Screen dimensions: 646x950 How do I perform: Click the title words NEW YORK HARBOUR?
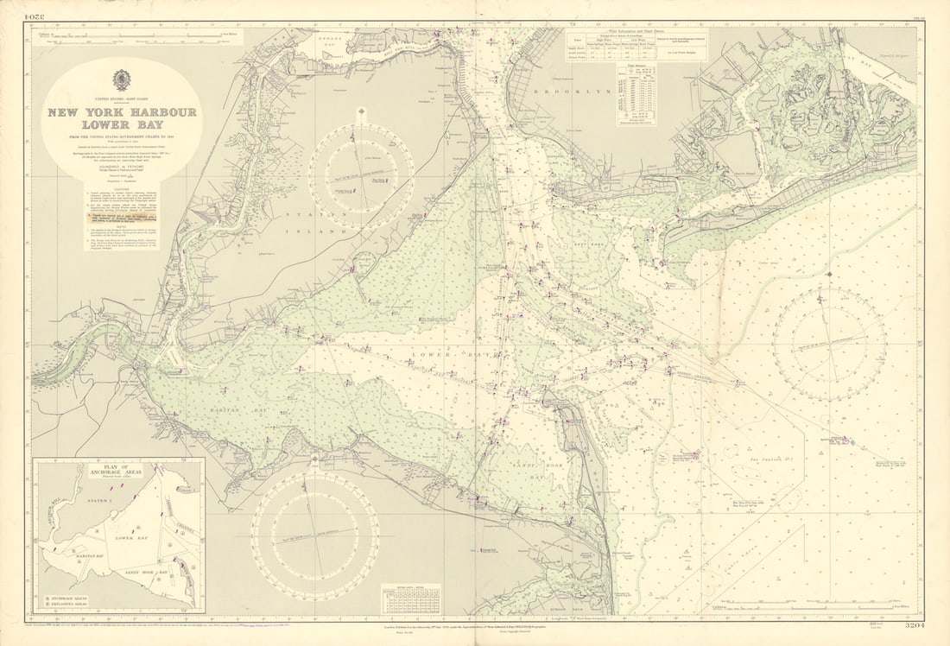(x=122, y=112)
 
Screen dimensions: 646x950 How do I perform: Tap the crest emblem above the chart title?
(x=122, y=79)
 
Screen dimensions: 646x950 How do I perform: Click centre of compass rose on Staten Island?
(x=361, y=176)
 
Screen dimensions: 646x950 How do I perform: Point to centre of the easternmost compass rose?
(x=829, y=344)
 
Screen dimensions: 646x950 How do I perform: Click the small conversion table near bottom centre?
(x=410, y=595)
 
